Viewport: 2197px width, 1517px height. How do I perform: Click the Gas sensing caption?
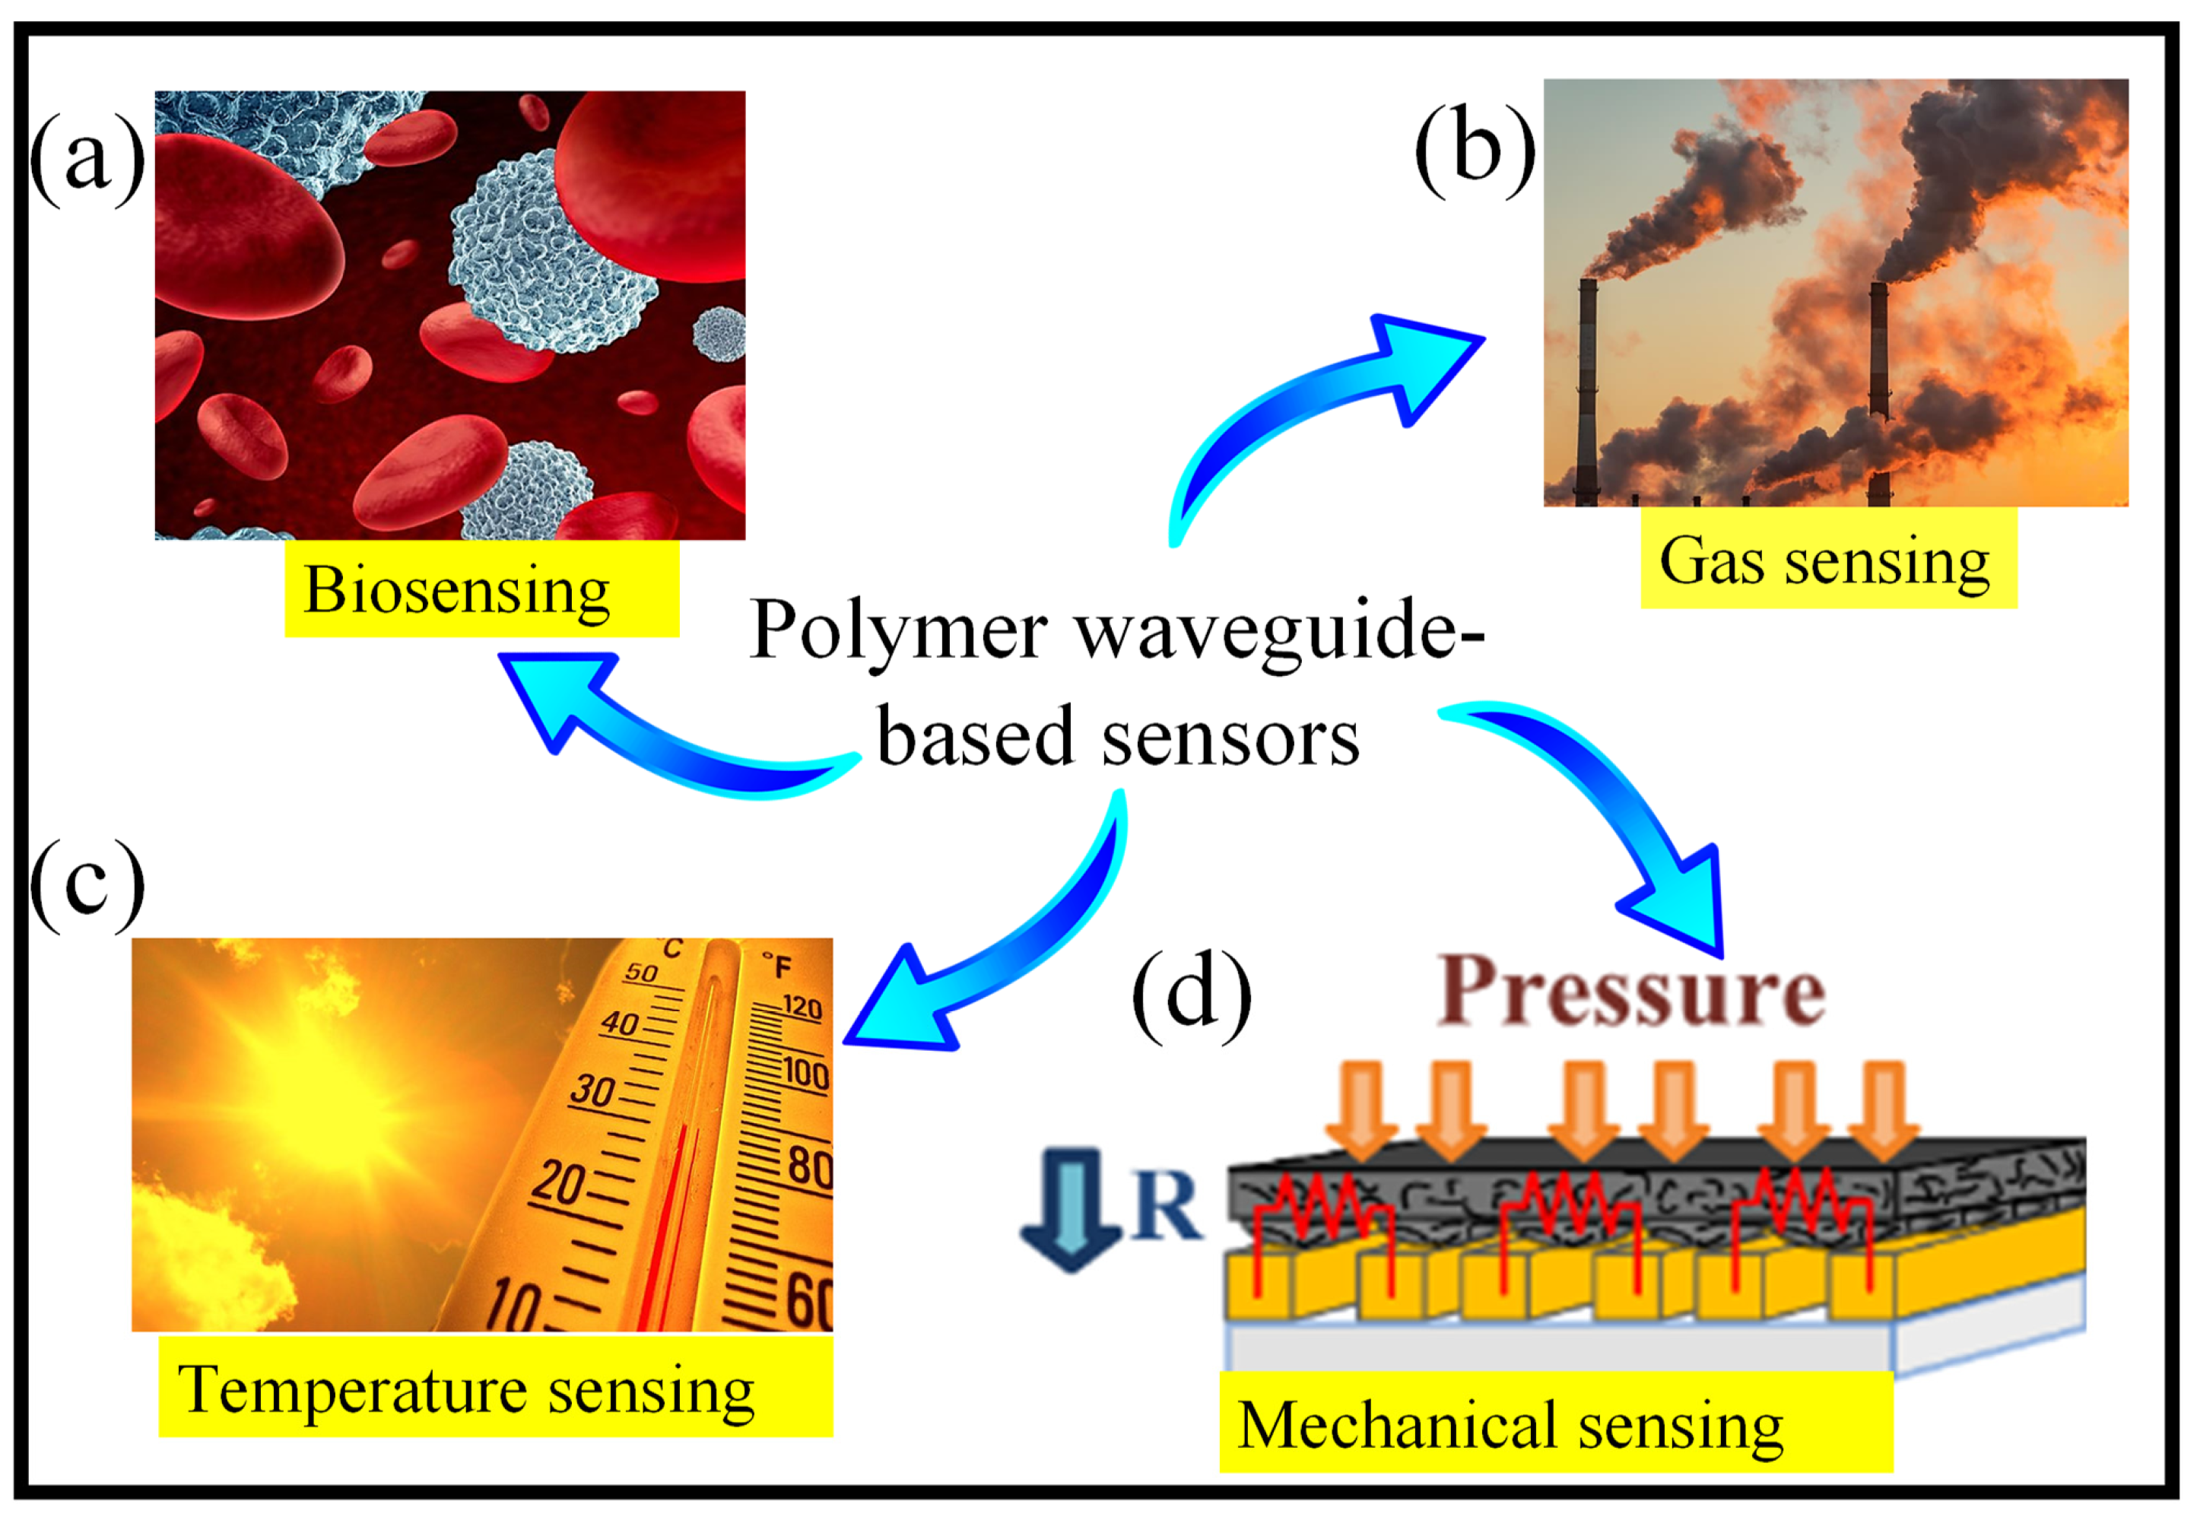point(1827,561)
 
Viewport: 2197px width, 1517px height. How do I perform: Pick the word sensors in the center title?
point(1230,739)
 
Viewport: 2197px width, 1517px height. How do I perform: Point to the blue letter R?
point(1166,1208)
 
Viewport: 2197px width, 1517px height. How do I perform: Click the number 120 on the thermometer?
point(802,1007)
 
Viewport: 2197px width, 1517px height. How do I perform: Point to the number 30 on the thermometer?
point(592,1089)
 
